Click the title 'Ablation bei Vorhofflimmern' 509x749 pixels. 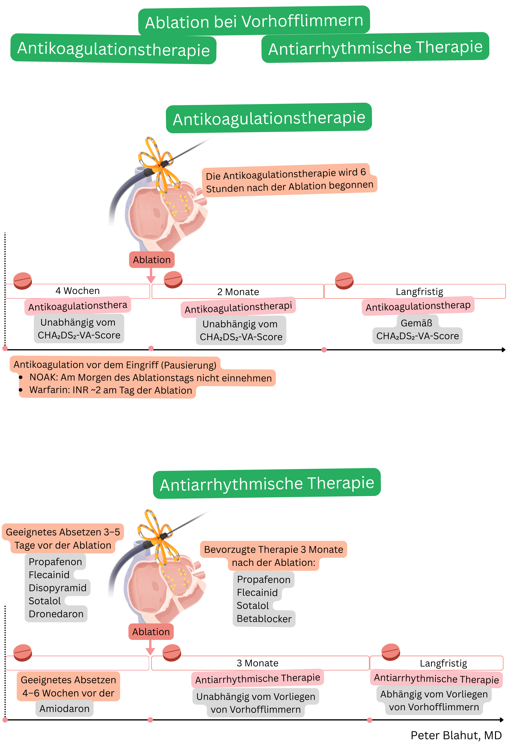tap(254, 21)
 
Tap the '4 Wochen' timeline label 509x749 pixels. tap(78, 291)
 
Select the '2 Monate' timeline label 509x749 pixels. tap(238, 292)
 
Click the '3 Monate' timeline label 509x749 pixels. tap(257, 663)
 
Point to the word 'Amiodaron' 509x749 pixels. tap(64, 708)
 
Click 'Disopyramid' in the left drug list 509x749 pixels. tap(57, 588)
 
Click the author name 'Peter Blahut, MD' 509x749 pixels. tap(456, 735)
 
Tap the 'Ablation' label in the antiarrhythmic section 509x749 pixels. tap(151, 632)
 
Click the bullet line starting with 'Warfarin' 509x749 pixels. tap(111, 390)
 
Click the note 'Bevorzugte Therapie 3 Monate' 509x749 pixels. tap(273, 549)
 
